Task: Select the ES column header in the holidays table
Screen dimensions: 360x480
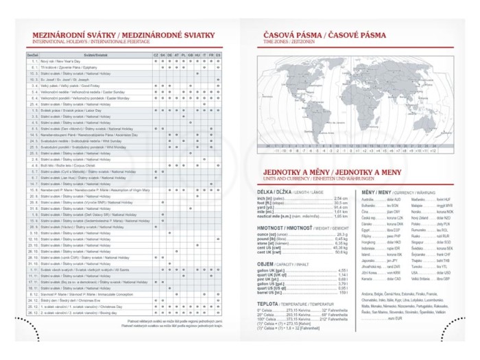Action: tap(218, 53)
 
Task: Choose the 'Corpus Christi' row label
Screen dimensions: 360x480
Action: tap(64, 165)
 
